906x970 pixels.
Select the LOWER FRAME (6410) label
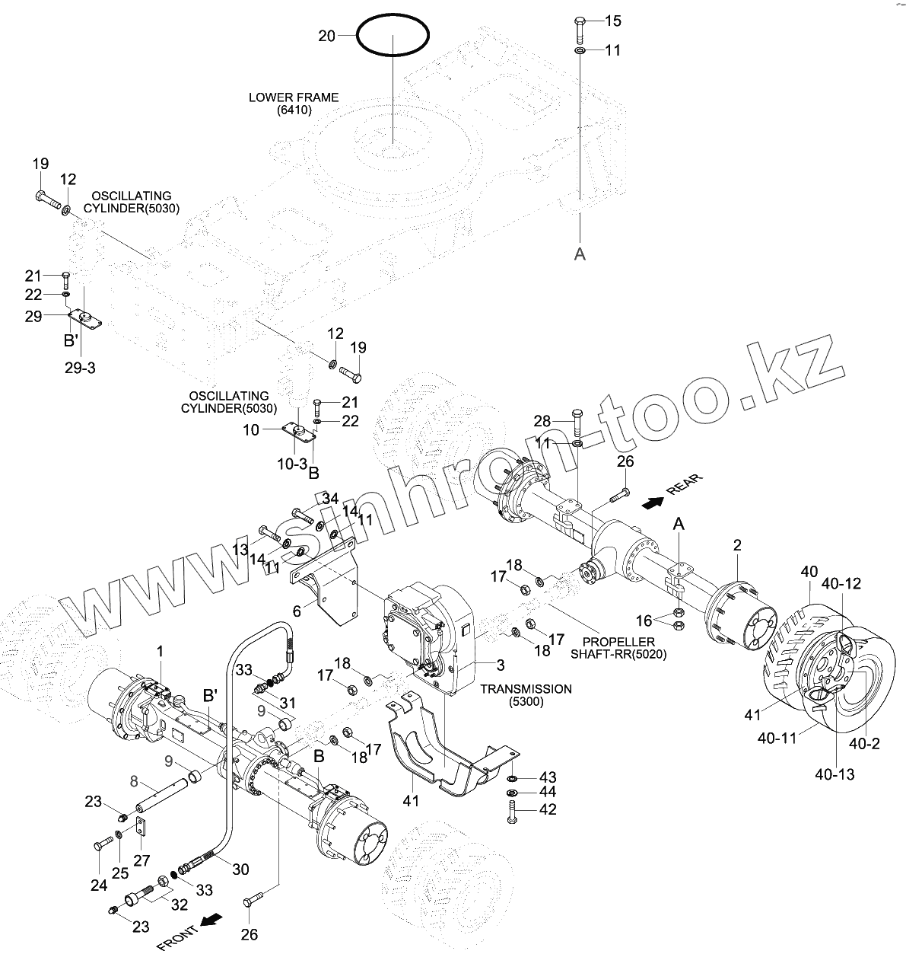coord(294,104)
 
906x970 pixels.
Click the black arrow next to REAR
coord(652,502)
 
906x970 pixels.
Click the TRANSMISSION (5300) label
coord(526,695)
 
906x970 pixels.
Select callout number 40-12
coord(841,584)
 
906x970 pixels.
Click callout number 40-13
coord(834,774)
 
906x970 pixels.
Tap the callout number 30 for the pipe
coord(240,868)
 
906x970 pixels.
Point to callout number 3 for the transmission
coord(501,665)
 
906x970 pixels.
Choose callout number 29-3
coord(79,368)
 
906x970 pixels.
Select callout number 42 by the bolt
coord(547,809)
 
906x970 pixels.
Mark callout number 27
coord(141,860)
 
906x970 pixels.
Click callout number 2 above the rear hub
coord(737,545)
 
